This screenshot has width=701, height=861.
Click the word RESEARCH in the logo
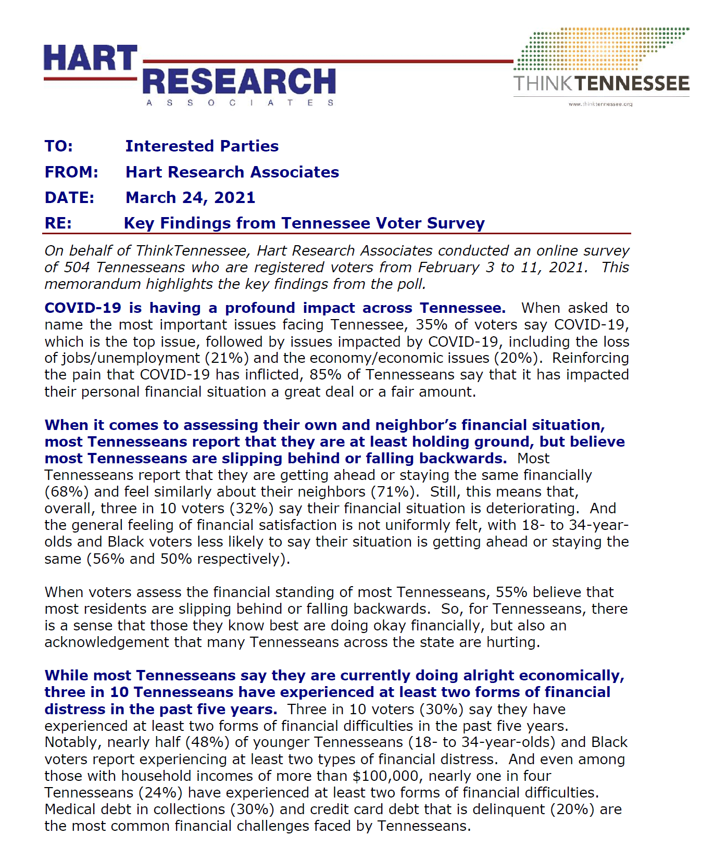click(239, 81)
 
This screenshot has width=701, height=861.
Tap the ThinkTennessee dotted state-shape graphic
click(599, 50)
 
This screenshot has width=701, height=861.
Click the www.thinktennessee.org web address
click(600, 104)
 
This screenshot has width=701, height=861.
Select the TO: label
click(58, 146)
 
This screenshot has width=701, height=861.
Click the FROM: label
click(71, 172)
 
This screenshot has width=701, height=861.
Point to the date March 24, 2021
click(190, 198)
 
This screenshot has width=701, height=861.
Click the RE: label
click(58, 223)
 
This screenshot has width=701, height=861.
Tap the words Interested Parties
click(202, 146)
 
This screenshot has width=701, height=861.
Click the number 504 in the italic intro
click(77, 268)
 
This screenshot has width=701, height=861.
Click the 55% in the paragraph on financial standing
click(511, 592)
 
